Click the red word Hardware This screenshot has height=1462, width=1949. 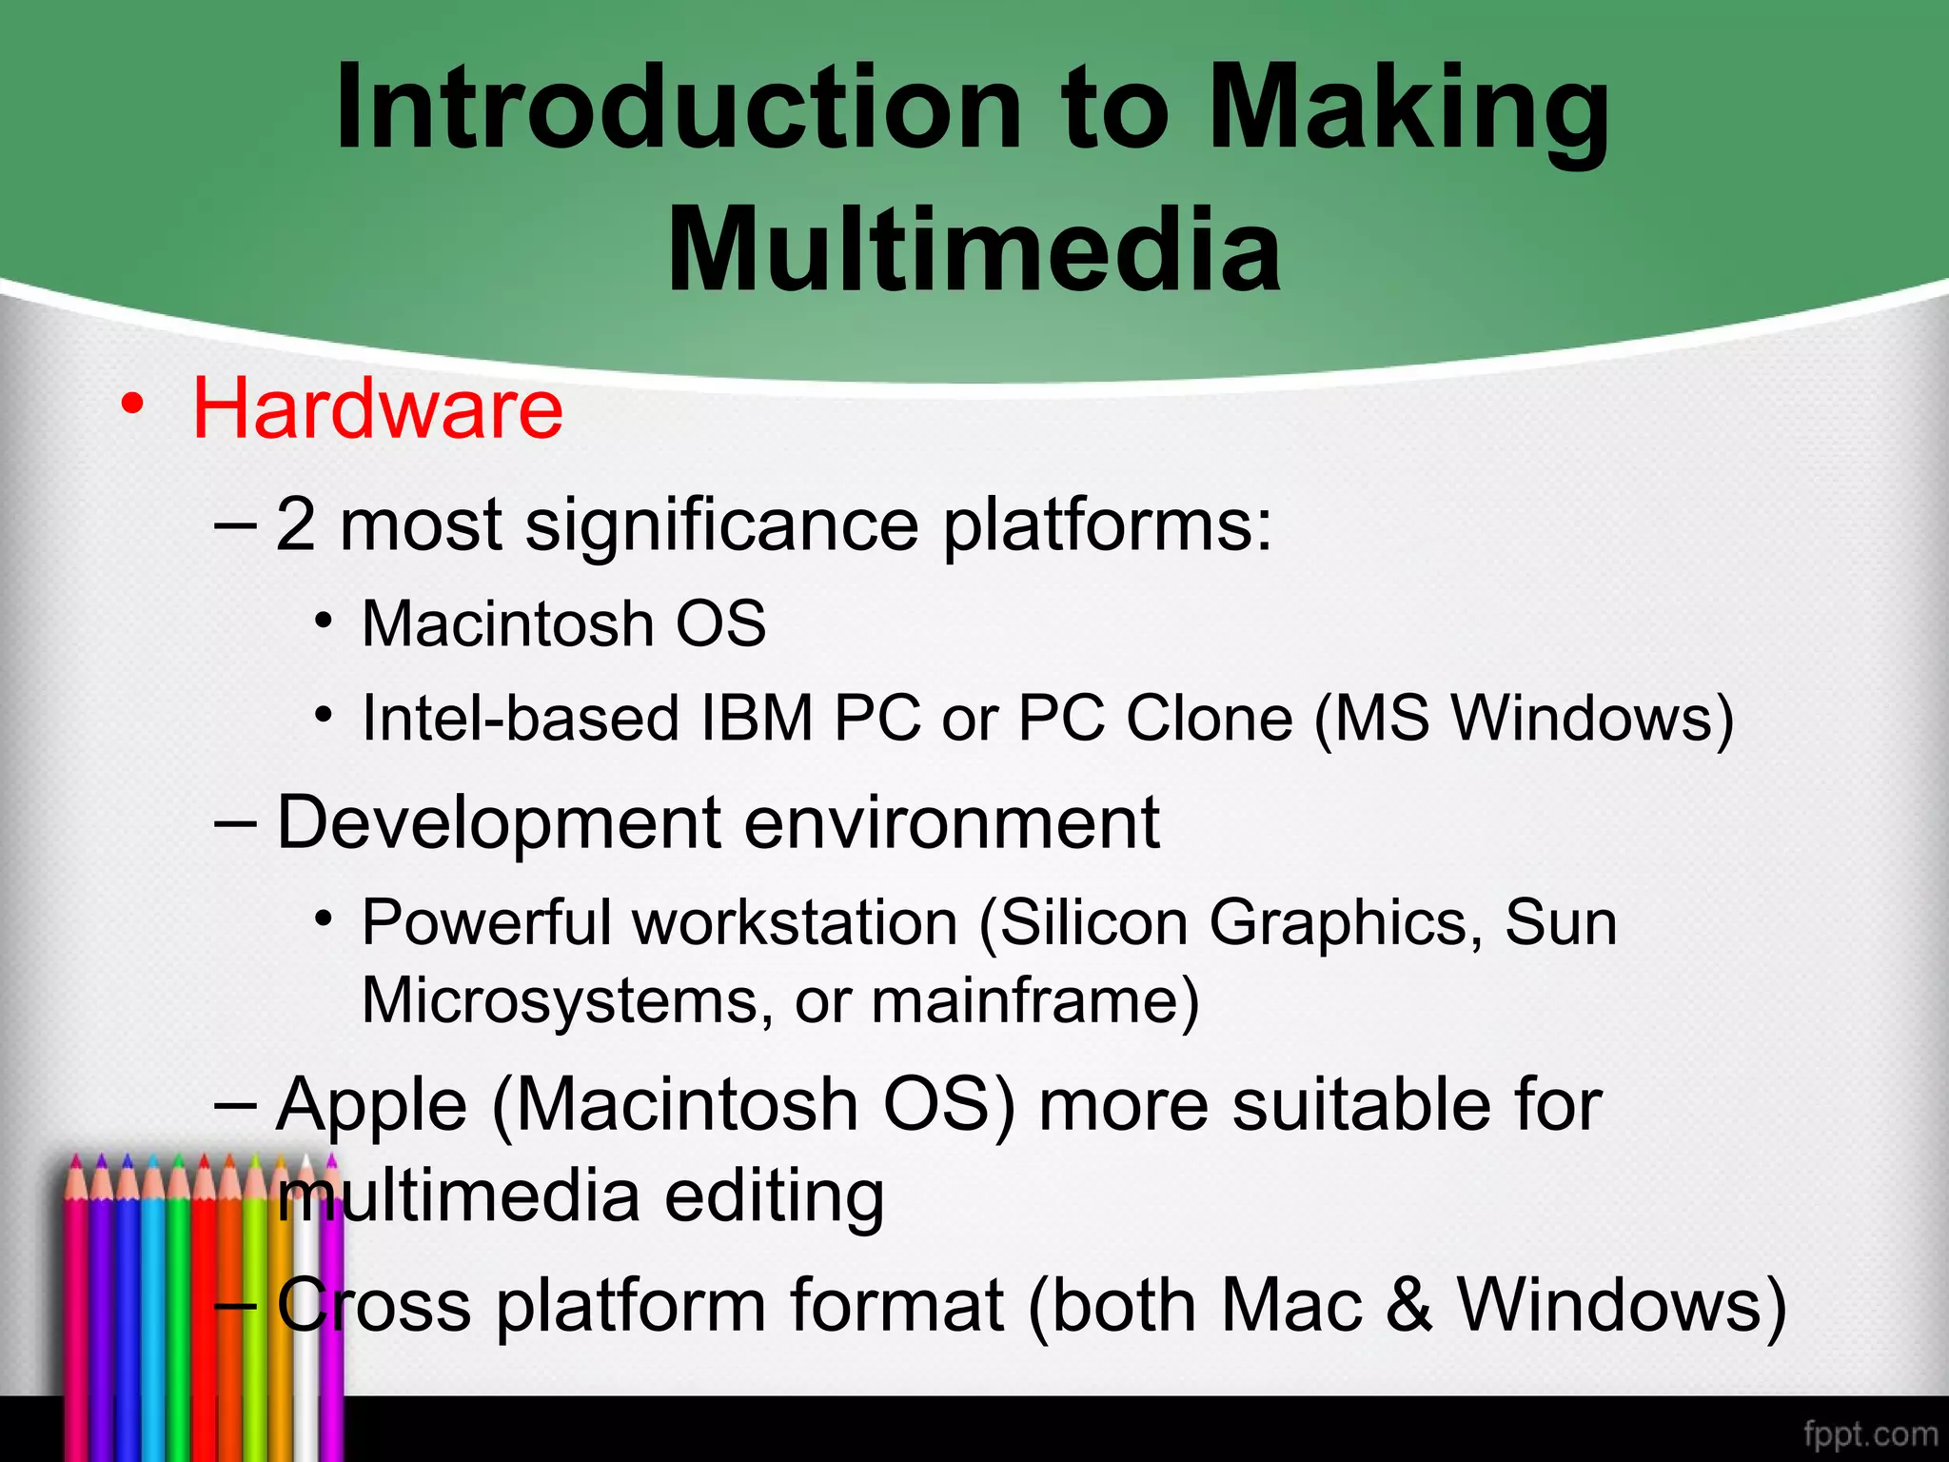(x=378, y=409)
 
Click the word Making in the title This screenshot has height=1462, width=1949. (x=1408, y=107)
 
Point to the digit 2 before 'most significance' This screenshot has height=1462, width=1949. (x=295, y=525)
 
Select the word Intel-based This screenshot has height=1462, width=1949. (x=521, y=718)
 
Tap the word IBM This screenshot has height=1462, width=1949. (x=758, y=718)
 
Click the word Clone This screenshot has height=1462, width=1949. (x=1210, y=718)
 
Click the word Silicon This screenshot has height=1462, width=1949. (x=1094, y=923)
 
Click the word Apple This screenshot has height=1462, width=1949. (x=372, y=1106)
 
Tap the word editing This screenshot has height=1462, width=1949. (x=774, y=1196)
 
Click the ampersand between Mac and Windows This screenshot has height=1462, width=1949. (x=1409, y=1305)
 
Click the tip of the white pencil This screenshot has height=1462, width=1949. (x=306, y=1159)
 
